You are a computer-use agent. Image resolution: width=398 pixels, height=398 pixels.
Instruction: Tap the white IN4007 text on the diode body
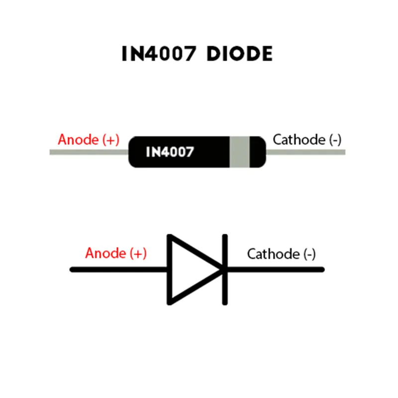(x=170, y=152)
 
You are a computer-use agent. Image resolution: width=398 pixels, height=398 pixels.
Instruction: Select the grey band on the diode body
(x=239, y=152)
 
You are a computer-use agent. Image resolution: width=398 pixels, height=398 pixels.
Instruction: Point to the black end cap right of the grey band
(x=257, y=152)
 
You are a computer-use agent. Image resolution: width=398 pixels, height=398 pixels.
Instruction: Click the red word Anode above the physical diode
(x=78, y=140)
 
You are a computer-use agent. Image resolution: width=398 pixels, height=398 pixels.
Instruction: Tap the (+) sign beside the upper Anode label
(x=110, y=140)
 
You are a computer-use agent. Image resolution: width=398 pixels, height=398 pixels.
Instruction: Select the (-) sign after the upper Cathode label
(x=335, y=140)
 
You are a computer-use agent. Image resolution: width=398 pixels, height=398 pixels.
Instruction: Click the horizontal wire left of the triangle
(x=119, y=270)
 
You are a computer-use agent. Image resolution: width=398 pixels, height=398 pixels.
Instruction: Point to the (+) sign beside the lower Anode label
(x=138, y=253)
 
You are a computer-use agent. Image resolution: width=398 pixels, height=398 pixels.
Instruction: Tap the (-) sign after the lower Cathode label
(x=309, y=254)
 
